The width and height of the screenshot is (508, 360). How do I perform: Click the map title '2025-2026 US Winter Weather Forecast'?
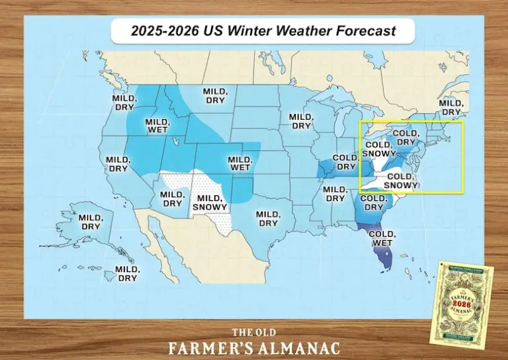point(263,30)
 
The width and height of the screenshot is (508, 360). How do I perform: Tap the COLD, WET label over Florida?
point(382,238)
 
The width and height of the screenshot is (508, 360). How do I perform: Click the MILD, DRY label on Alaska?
point(90,222)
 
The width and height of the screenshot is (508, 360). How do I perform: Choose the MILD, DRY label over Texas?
point(268,218)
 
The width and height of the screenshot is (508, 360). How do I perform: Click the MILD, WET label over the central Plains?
point(239,163)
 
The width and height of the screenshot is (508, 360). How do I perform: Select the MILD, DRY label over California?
point(118,164)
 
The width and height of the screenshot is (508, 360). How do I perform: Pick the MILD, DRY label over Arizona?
point(172,199)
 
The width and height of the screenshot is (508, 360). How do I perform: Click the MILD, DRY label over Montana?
point(214,96)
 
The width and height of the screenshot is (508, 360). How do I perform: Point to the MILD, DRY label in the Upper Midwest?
point(301,121)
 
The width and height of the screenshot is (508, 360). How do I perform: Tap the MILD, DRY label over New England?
point(451,107)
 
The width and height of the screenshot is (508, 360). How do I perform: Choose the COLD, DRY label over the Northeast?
point(405,137)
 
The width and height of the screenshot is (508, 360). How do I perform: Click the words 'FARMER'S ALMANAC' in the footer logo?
point(254,347)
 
